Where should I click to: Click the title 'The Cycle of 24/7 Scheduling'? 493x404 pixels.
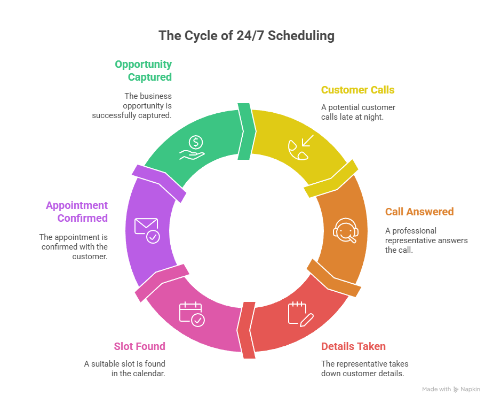tap(246, 36)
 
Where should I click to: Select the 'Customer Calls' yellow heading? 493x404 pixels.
tap(357, 90)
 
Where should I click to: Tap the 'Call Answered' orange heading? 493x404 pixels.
tap(419, 212)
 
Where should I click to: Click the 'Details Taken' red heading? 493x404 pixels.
tap(353, 346)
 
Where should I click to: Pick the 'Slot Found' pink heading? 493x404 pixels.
tap(139, 346)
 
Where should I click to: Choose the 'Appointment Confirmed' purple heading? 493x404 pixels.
tap(77, 212)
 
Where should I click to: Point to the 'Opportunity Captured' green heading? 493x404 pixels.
tap(144, 71)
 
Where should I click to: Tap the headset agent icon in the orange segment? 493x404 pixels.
tap(345, 231)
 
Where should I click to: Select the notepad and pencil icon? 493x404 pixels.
tap(300, 314)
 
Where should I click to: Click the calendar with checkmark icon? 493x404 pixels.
tap(191, 314)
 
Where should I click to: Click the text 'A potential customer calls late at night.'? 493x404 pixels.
tap(358, 112)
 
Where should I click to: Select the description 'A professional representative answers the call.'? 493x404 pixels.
tap(426, 240)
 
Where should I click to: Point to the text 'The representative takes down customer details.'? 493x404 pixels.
tap(364, 368)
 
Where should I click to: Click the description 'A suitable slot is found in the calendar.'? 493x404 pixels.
tap(124, 368)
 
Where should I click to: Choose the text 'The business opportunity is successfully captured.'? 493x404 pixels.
tap(132, 105)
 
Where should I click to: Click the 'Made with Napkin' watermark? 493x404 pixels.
tap(451, 390)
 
